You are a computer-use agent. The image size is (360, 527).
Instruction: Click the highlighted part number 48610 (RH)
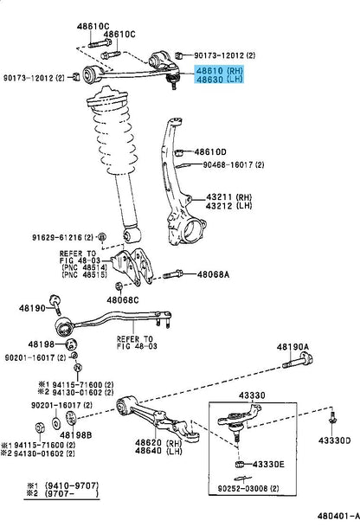219,71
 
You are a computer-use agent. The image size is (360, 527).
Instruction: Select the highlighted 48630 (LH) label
219,80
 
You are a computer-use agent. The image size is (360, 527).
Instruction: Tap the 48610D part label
210,152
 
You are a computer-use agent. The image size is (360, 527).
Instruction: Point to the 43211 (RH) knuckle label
228,197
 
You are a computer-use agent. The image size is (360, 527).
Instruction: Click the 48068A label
213,274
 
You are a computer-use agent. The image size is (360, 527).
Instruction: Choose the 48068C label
122,299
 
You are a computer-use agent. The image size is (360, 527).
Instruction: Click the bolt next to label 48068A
173,274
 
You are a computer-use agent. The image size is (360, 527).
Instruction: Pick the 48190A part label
292,347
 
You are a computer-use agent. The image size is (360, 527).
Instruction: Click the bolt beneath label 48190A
298,360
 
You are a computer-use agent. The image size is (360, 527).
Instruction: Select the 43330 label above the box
252,395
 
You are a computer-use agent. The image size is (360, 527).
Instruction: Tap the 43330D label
334,440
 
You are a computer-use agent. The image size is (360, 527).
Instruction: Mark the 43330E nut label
268,464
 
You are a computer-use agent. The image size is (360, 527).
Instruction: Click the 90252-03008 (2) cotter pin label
248,488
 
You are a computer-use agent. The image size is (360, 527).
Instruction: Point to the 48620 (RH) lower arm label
158,442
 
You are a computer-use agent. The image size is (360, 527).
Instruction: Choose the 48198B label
75,435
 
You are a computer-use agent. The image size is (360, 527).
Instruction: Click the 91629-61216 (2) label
62,237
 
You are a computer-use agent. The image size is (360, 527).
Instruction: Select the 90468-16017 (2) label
234,164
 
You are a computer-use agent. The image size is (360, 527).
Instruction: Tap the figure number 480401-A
337,516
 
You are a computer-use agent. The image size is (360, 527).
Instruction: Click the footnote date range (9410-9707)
72,485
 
